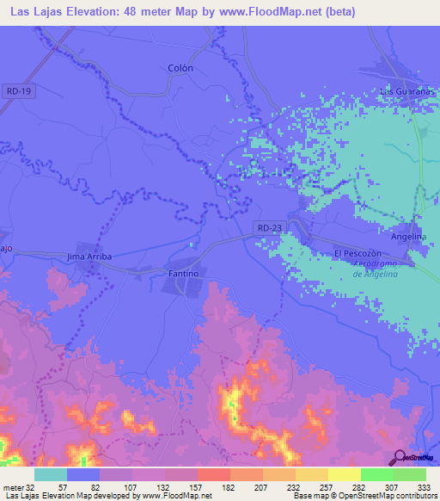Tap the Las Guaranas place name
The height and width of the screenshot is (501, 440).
[x=405, y=91]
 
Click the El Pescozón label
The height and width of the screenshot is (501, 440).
[x=357, y=254]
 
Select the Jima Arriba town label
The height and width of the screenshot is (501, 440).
[x=89, y=257]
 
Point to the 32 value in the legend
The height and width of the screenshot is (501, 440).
[x=29, y=486]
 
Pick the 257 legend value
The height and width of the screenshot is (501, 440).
[x=327, y=486]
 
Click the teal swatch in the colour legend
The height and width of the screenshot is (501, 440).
[x=51, y=474]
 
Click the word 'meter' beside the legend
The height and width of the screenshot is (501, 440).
[x=11, y=486]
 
